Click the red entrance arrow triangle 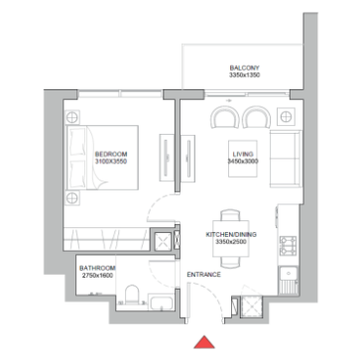(x=204, y=343)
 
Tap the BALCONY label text (x=245, y=67)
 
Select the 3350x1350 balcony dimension (x=245, y=75)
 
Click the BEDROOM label (x=111, y=154)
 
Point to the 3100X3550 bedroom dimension (x=111, y=162)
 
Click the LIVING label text (x=243, y=154)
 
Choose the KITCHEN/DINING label (x=231, y=234)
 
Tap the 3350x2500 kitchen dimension (x=231, y=242)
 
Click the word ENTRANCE (x=203, y=275)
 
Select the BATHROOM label (x=97, y=268)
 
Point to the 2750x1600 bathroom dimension (x=97, y=275)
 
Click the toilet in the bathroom (x=132, y=295)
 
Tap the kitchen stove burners (x=289, y=246)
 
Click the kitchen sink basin (x=289, y=274)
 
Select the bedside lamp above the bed (x=72, y=117)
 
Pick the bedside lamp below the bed (x=72, y=198)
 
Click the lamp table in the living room (x=286, y=117)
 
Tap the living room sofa (x=286, y=159)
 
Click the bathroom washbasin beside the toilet (x=161, y=302)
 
